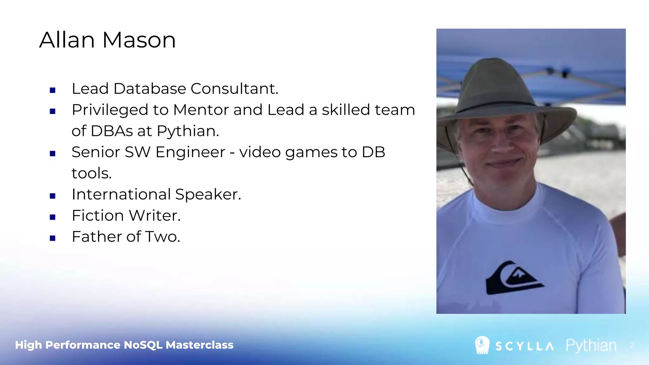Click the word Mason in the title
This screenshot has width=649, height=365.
pyautogui.click(x=139, y=40)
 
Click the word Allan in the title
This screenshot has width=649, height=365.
pyautogui.click(x=67, y=40)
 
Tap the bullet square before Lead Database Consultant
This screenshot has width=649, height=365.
pyautogui.click(x=53, y=90)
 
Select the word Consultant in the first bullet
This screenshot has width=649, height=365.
pyautogui.click(x=234, y=89)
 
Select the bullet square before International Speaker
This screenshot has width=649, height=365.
pyautogui.click(x=53, y=196)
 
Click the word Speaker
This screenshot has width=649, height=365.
pyautogui.click(x=208, y=195)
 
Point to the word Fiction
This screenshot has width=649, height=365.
pyautogui.click(x=98, y=216)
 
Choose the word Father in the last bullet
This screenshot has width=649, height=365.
pyautogui.click(x=97, y=237)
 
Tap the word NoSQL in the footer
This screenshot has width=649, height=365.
pyautogui.click(x=143, y=345)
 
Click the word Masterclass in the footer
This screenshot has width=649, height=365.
pyautogui.click(x=200, y=345)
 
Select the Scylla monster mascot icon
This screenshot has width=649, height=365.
pyautogui.click(x=482, y=345)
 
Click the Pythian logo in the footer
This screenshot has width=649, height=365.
pyautogui.click(x=591, y=345)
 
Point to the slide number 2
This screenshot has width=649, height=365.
pyautogui.click(x=632, y=345)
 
